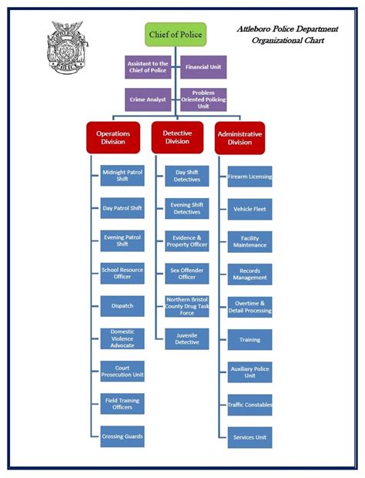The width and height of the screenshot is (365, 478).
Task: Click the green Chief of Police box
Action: point(176,34)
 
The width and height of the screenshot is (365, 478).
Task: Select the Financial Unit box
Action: point(204,67)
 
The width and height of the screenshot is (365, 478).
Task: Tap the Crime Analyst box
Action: point(148,99)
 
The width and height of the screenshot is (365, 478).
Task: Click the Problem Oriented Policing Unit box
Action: point(204,99)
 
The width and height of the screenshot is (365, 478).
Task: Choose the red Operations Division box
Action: point(113,137)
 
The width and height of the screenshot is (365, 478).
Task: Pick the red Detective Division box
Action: point(177,137)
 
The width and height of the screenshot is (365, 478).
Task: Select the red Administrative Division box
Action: point(239,137)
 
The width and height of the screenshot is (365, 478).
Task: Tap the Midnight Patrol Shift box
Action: point(122,176)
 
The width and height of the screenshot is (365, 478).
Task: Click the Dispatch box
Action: point(122,306)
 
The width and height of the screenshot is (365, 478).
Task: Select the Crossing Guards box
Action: point(122,437)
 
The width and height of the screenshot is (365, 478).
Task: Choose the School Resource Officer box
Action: point(122,273)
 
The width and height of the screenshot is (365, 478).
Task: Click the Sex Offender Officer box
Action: point(187,273)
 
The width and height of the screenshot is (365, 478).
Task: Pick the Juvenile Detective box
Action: point(187,339)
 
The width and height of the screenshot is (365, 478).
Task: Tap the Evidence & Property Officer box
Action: point(187,241)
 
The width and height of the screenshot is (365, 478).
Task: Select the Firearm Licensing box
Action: point(249,177)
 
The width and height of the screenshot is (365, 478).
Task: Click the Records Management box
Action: point(249,274)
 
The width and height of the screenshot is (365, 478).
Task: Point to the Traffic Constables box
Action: point(249,405)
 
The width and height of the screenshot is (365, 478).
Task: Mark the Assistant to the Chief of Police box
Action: point(148,67)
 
